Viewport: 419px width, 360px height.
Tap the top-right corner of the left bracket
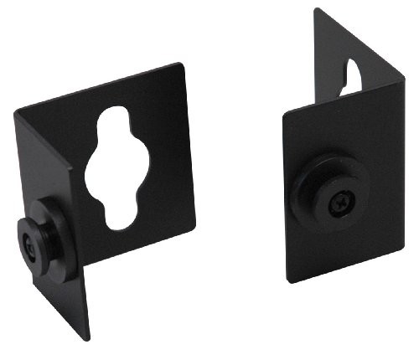pyautogui.click(x=180, y=64)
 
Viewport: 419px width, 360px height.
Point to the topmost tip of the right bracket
pyautogui.click(x=317, y=9)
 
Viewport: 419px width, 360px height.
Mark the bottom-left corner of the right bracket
pyautogui.click(x=288, y=281)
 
